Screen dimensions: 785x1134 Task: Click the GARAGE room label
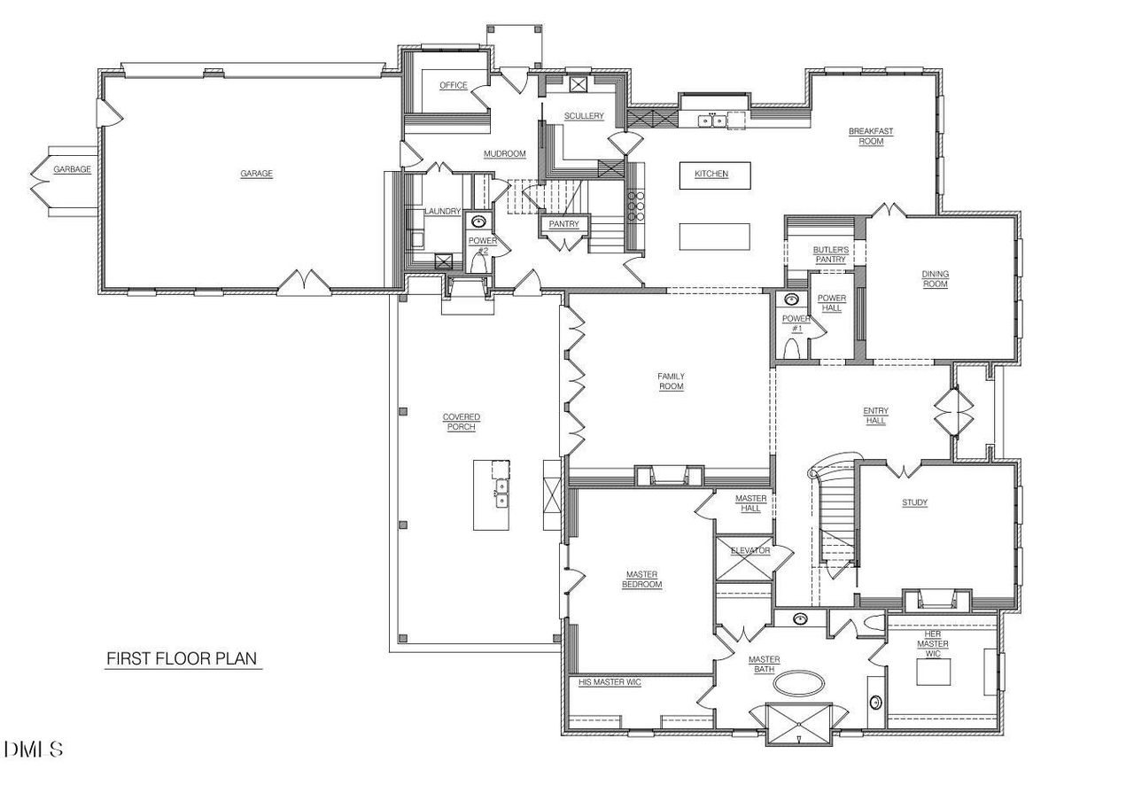pos(256,174)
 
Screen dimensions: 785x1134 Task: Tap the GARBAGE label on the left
pos(72,169)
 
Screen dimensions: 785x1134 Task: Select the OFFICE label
pos(453,85)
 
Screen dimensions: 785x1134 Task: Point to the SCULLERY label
pos(585,116)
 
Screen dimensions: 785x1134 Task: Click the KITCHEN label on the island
pos(711,174)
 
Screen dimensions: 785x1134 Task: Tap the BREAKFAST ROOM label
pos(871,136)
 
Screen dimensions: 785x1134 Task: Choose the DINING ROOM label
pos(935,279)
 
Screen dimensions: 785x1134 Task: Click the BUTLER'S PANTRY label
pos(831,255)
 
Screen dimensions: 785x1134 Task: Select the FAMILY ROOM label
pos(671,382)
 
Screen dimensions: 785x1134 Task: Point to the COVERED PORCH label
pos(462,422)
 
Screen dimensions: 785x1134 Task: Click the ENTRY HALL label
pos(875,416)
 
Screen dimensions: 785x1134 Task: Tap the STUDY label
pos(914,503)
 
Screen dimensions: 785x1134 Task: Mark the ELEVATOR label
pos(750,550)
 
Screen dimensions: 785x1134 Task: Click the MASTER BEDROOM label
pos(642,579)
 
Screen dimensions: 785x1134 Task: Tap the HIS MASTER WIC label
pos(610,682)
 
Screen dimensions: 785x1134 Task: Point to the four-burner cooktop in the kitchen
pos(635,206)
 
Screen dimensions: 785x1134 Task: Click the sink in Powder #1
pos(791,299)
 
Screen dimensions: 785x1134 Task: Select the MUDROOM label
pos(504,154)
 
